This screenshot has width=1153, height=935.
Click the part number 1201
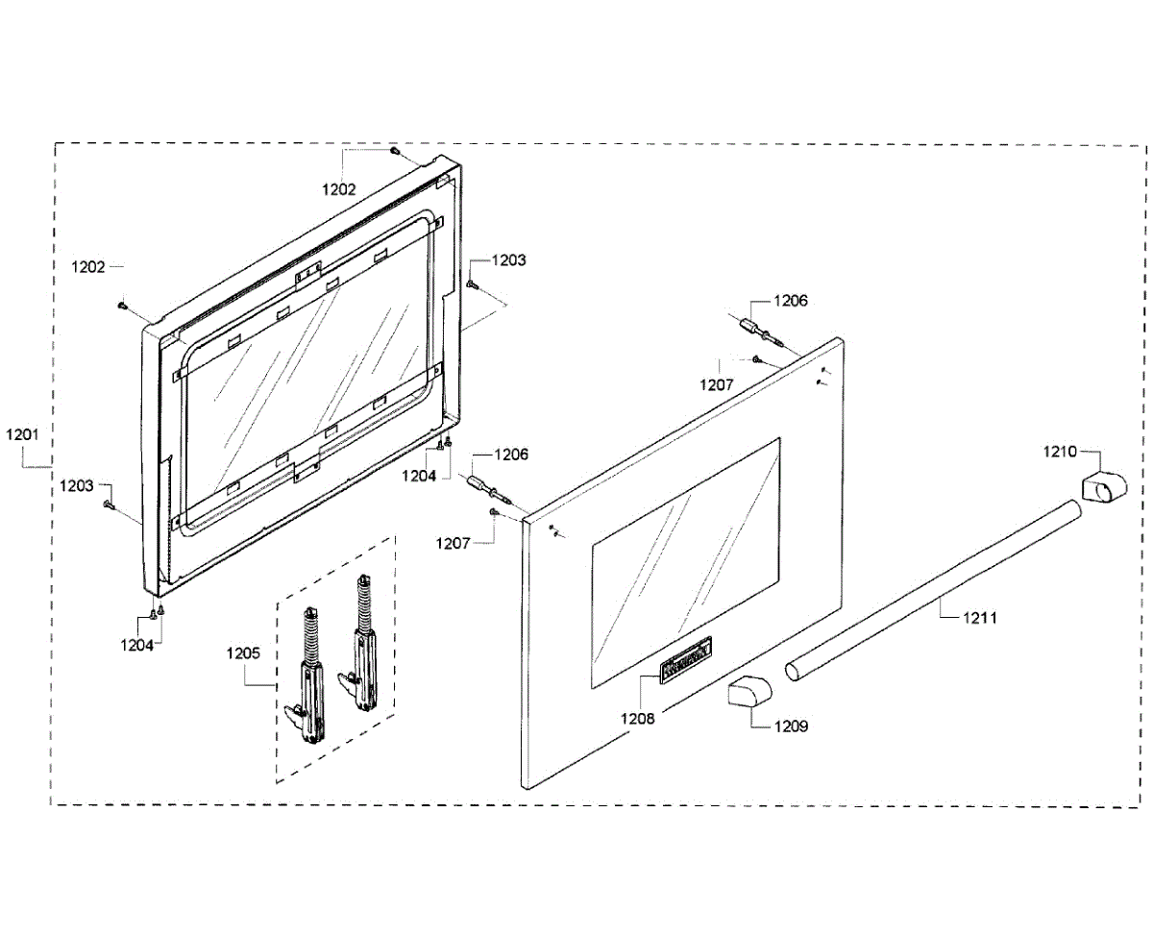click(x=21, y=434)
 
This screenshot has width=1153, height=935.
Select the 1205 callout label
click(x=243, y=653)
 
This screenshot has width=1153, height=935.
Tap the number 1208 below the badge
click(x=637, y=718)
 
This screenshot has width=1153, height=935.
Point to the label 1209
click(x=792, y=726)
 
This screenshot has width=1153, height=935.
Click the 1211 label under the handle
click(x=980, y=618)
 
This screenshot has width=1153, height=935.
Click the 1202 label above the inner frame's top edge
click(x=339, y=189)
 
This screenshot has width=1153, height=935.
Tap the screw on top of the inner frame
click(x=395, y=151)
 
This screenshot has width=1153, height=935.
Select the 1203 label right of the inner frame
click(x=508, y=260)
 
